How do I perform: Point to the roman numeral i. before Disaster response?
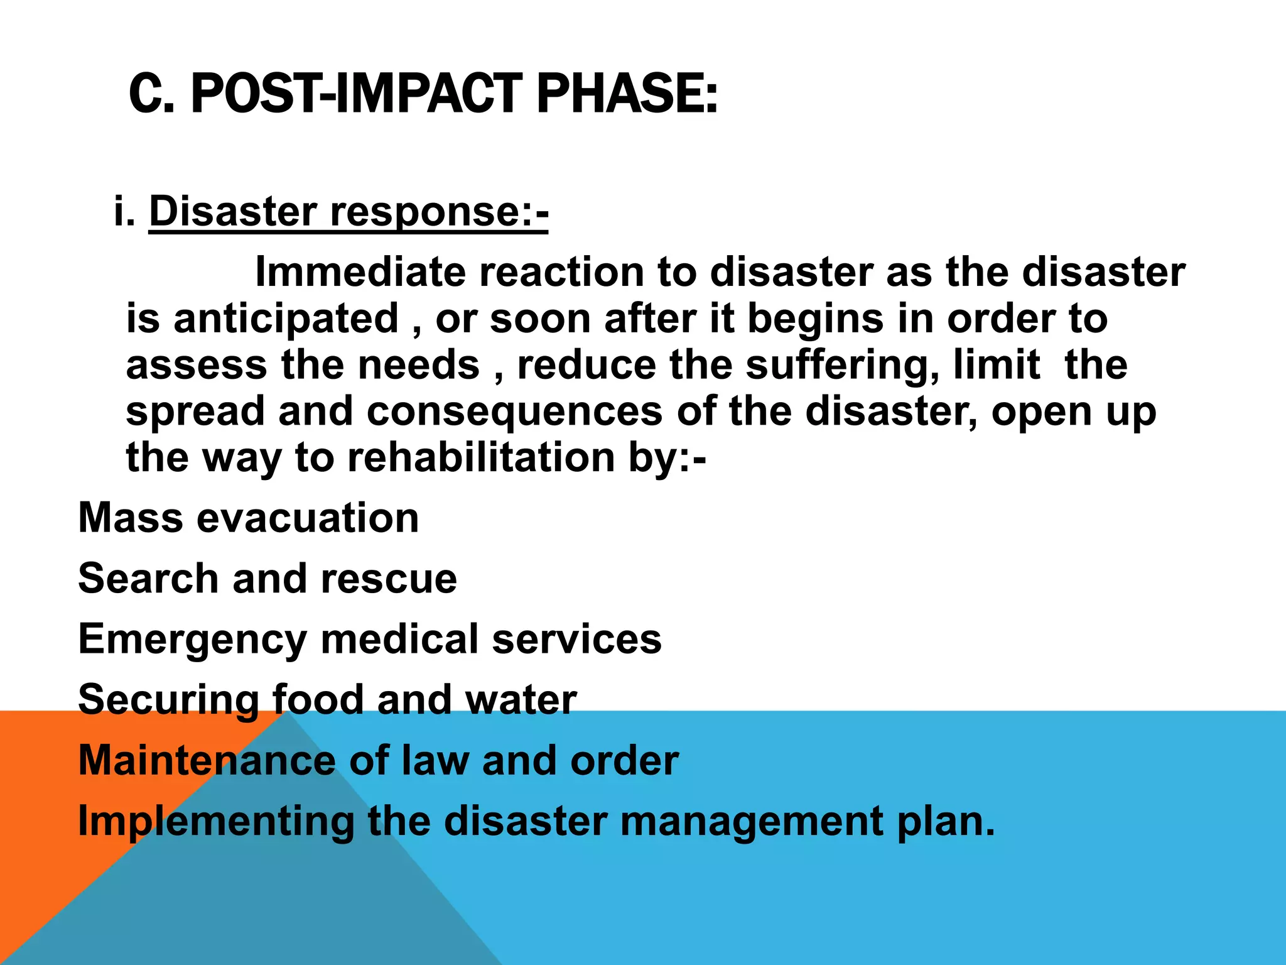coord(124,212)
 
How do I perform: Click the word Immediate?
coord(360,273)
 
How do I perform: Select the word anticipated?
coord(286,319)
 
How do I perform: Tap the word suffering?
coord(841,366)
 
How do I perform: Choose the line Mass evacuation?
coord(248,518)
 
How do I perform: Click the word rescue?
coord(389,579)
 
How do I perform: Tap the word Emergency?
coord(192,640)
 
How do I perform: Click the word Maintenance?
coord(207,761)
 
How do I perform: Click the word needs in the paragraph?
coord(418,366)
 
